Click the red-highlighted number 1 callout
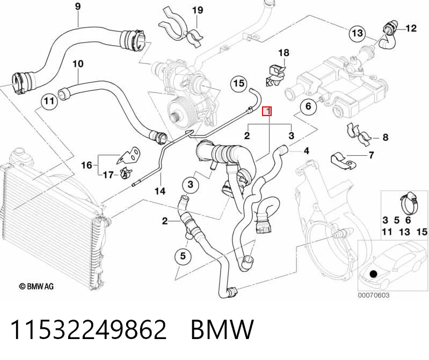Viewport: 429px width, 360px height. point(267,111)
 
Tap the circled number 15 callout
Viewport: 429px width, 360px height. point(239,83)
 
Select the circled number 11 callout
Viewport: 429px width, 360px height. point(49,102)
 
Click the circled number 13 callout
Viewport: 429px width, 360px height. point(357,33)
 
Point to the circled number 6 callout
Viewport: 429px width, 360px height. point(308,106)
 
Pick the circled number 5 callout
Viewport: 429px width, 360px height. point(183,256)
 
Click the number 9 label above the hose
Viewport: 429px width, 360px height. point(78,6)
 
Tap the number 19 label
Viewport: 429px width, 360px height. point(198,10)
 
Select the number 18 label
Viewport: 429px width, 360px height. point(283,53)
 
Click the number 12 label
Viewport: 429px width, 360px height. point(411,28)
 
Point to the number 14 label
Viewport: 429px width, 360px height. point(160,191)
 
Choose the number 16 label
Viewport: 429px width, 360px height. point(87,165)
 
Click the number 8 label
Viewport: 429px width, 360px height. point(385,137)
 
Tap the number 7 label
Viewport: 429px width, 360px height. point(371,155)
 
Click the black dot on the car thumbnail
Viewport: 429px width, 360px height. point(373,274)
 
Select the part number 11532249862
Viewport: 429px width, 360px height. point(89,329)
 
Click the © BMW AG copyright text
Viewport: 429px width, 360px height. point(37,286)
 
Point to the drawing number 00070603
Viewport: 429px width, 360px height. point(374,295)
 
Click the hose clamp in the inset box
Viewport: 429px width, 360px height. point(409,203)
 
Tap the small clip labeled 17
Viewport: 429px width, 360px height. point(126,172)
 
